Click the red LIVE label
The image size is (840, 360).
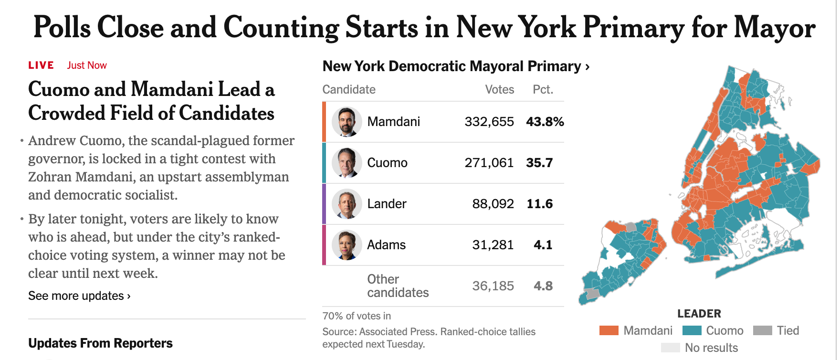41,65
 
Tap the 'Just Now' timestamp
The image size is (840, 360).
87,65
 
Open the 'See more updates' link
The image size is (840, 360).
79,296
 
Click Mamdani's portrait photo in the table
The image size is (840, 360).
347,122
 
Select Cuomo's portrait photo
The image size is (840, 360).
347,163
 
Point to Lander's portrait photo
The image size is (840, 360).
347,204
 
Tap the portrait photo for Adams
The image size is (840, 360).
347,245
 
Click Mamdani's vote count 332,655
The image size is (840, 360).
489,122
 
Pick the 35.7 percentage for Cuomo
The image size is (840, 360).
539,163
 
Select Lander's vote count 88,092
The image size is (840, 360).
493,204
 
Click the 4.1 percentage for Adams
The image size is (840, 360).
543,245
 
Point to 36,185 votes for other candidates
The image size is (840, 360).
493,286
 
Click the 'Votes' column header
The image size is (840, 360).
499,90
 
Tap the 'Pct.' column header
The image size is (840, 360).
543,90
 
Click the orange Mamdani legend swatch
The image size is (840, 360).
609,330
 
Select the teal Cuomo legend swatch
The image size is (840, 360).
692,330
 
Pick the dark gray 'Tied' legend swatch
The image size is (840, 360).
762,330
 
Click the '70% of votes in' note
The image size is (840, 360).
357,316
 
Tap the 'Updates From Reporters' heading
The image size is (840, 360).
100,343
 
